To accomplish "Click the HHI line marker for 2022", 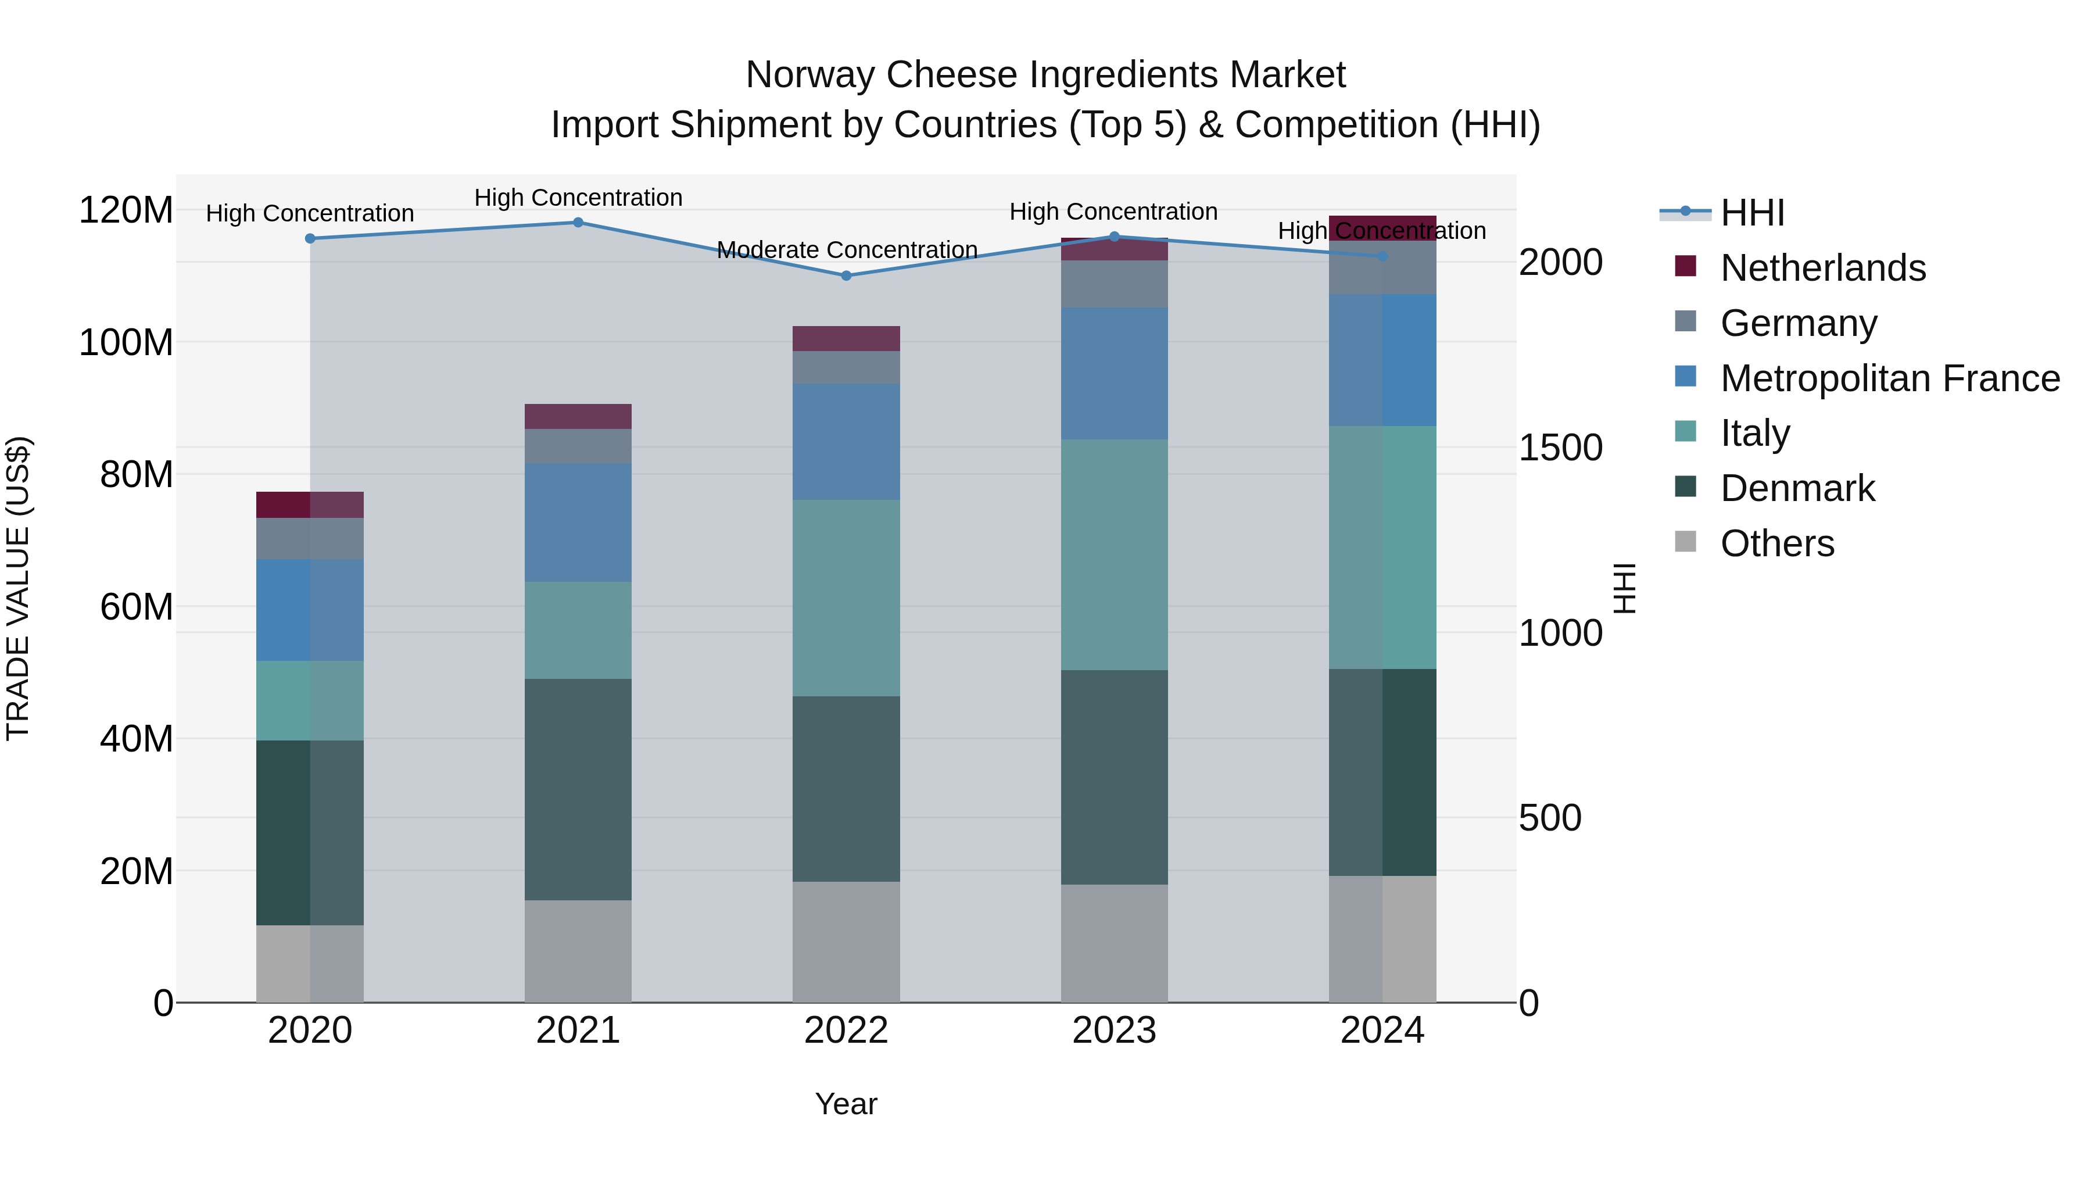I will [x=846, y=276].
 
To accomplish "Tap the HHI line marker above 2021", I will [x=578, y=223].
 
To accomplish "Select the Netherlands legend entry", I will [x=1822, y=268].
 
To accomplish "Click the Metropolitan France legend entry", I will [x=1889, y=378].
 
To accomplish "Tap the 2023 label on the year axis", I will [x=1114, y=1031].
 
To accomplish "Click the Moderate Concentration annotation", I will [x=846, y=250].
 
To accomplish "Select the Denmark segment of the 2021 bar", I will [x=578, y=789].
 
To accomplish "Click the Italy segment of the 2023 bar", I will [x=1114, y=555].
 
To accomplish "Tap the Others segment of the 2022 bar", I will [x=846, y=942].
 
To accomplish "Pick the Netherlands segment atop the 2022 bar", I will [x=846, y=339].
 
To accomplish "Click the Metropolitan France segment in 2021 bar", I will [x=578, y=523].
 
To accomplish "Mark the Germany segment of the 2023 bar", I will [x=1114, y=284].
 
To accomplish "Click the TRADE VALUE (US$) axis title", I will [x=18, y=588].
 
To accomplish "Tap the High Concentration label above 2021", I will [x=578, y=198].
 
